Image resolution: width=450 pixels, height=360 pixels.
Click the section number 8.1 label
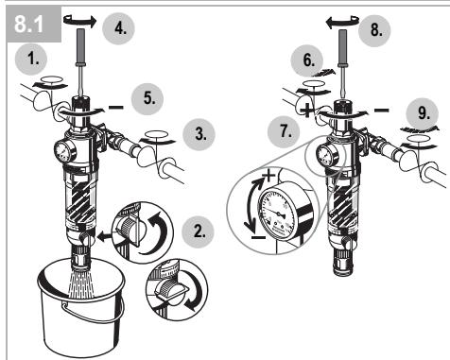point(28,25)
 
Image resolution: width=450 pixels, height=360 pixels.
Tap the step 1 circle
point(31,60)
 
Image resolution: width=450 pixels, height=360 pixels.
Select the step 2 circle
point(199,232)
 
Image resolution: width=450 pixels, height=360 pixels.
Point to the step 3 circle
point(199,134)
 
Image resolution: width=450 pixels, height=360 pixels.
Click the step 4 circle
point(119,28)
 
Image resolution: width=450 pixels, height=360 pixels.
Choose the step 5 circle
point(147,98)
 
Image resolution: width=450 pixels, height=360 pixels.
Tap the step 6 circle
point(307,60)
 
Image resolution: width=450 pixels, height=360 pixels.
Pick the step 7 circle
point(284,131)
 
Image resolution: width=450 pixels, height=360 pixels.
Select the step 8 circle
point(374,30)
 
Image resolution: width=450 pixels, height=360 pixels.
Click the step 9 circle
point(423,114)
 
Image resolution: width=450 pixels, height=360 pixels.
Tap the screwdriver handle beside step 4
point(80,46)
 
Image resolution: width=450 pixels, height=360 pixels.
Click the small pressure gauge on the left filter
point(64,152)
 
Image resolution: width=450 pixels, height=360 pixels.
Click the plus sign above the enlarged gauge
point(268,176)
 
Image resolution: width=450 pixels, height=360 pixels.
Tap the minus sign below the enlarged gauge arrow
point(258,237)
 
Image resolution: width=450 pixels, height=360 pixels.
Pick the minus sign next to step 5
point(116,108)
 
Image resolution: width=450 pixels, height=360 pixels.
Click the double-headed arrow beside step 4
point(79,21)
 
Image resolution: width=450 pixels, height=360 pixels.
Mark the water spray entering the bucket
point(81,281)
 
